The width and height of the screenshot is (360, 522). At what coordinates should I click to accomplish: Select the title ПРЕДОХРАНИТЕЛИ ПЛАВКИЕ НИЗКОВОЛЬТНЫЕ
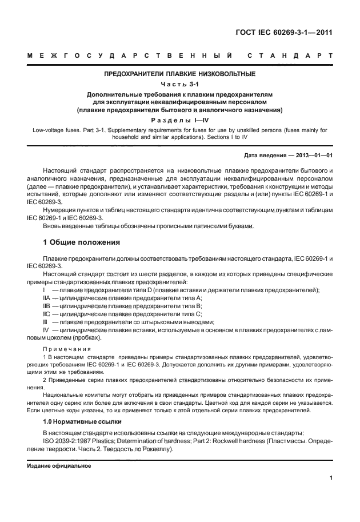[179, 74]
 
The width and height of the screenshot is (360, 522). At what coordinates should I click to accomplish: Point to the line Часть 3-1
[179, 84]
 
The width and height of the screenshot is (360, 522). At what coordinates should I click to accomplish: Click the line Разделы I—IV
[179, 120]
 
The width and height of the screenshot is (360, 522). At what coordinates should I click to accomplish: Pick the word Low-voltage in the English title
[50, 130]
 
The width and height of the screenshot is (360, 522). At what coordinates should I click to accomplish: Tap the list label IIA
[47, 298]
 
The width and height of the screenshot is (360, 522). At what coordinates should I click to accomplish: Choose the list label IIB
[47, 306]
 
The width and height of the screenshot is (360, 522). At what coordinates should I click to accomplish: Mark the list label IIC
[47, 314]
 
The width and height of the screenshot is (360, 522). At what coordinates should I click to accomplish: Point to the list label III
[46, 322]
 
